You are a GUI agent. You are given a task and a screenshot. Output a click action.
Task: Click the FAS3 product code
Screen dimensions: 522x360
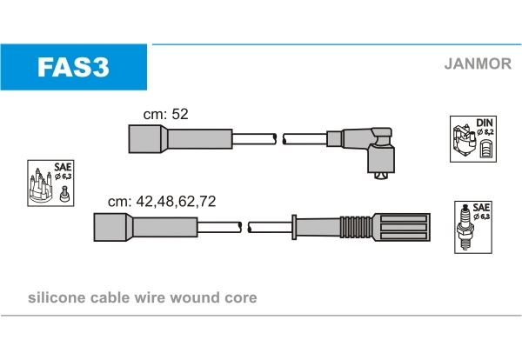coord(73,67)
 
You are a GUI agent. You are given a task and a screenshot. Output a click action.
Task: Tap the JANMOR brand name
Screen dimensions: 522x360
coord(478,63)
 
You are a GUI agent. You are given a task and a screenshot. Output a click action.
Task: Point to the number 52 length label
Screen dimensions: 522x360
coord(180,114)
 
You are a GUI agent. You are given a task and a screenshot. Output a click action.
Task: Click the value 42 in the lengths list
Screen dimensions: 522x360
coord(144,201)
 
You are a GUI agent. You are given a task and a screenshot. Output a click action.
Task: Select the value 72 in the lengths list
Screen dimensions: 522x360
coord(207,201)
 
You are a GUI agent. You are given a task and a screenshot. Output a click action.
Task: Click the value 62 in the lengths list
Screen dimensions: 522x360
coord(186,201)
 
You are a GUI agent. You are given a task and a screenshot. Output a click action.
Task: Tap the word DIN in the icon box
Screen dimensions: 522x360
coord(484,123)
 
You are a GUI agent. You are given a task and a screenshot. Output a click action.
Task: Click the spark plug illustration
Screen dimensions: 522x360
coord(465,228)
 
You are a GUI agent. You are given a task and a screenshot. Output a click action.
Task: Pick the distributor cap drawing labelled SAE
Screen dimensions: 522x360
coord(41,186)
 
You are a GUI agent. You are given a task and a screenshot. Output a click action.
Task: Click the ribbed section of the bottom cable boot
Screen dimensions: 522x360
coord(356,227)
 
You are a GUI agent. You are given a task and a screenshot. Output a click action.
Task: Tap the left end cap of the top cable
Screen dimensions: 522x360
coord(145,139)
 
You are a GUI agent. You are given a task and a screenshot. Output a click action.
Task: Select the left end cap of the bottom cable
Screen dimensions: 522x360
coord(110,227)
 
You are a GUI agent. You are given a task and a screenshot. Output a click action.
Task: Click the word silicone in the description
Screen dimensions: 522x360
coord(57,297)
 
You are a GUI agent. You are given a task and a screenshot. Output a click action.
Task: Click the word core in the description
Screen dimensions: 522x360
coord(241,297)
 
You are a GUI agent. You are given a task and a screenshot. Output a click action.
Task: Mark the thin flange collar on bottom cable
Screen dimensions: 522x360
coord(294,227)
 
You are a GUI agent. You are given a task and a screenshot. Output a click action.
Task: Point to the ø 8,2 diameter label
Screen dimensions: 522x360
coord(485,132)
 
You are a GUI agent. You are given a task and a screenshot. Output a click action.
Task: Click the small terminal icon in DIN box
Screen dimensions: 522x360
coord(485,149)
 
